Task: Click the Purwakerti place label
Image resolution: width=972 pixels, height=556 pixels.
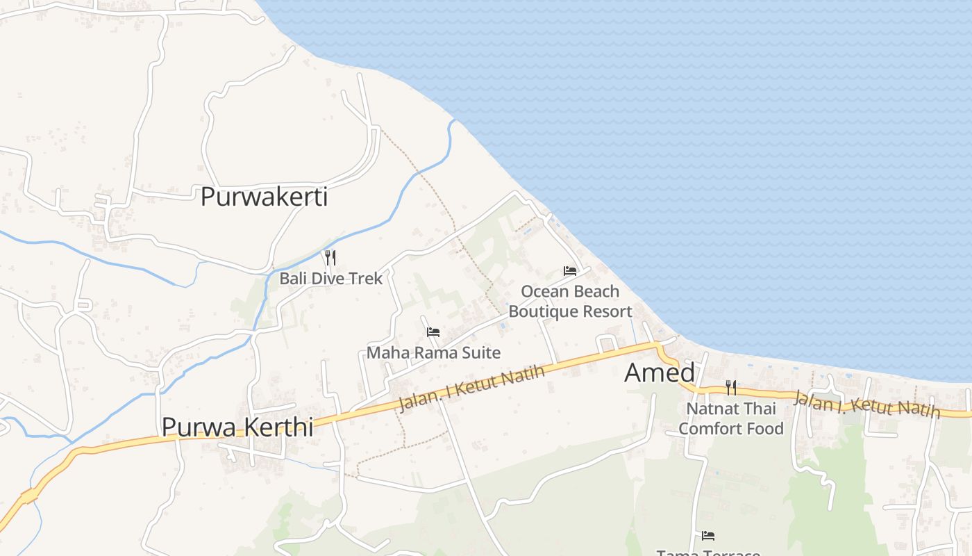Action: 264,197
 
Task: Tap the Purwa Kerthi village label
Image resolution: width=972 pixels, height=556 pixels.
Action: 237,427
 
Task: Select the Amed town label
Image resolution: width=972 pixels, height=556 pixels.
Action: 659,373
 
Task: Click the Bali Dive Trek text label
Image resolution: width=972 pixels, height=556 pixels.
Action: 330,279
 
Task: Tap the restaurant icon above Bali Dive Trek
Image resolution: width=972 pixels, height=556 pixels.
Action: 330,258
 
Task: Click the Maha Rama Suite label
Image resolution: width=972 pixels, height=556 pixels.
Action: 433,353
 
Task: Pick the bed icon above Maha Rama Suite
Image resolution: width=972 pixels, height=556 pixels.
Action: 433,332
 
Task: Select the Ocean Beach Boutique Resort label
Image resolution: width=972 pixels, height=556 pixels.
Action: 570,301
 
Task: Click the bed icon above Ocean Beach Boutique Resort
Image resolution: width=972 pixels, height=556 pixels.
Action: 570,270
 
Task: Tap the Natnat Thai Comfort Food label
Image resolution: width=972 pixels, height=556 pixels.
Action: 731,418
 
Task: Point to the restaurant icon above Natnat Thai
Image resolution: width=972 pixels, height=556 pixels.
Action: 731,387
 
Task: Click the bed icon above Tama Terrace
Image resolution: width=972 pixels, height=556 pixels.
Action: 708,535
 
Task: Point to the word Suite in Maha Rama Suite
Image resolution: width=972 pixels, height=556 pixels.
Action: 483,353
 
